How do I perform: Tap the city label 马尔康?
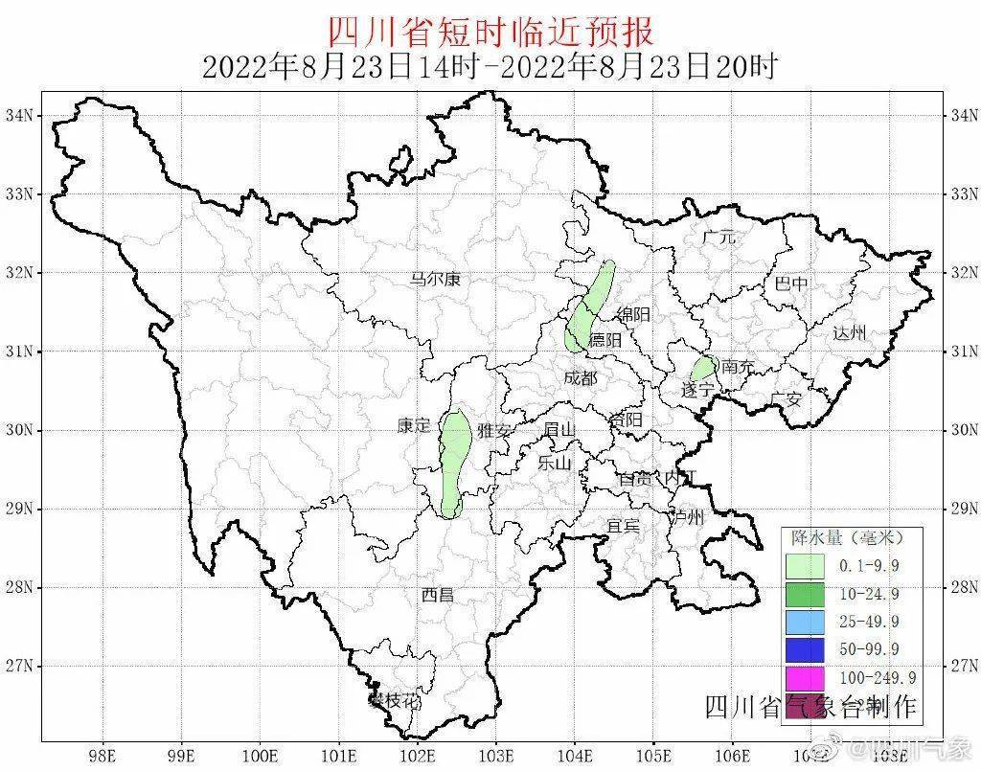click(x=435, y=280)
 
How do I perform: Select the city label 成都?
click(x=580, y=377)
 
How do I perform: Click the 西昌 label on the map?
click(x=437, y=595)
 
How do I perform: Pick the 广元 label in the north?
click(x=719, y=237)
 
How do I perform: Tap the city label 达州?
click(x=849, y=332)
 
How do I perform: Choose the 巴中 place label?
click(x=790, y=283)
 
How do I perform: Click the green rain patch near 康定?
click(x=455, y=460)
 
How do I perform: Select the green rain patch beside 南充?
click(x=704, y=368)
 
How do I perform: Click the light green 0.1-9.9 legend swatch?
click(x=805, y=566)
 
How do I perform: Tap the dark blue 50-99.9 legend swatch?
click(x=805, y=649)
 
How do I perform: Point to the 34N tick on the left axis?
click(x=19, y=115)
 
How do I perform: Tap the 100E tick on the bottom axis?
click(x=260, y=754)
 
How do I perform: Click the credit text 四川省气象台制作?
click(x=810, y=707)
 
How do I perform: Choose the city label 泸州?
click(x=687, y=517)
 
